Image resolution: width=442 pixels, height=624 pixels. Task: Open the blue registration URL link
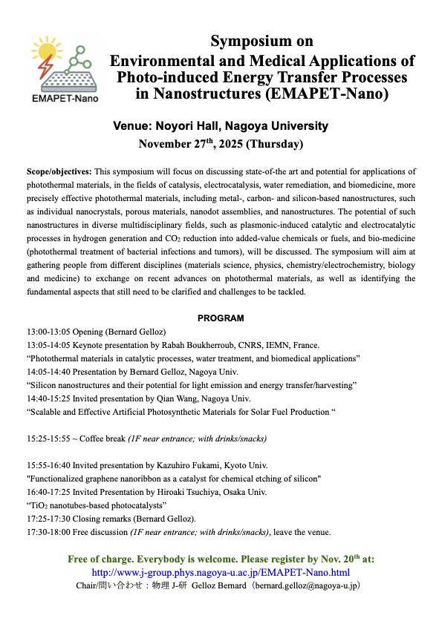221,572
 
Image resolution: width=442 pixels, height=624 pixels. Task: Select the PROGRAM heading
221,318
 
